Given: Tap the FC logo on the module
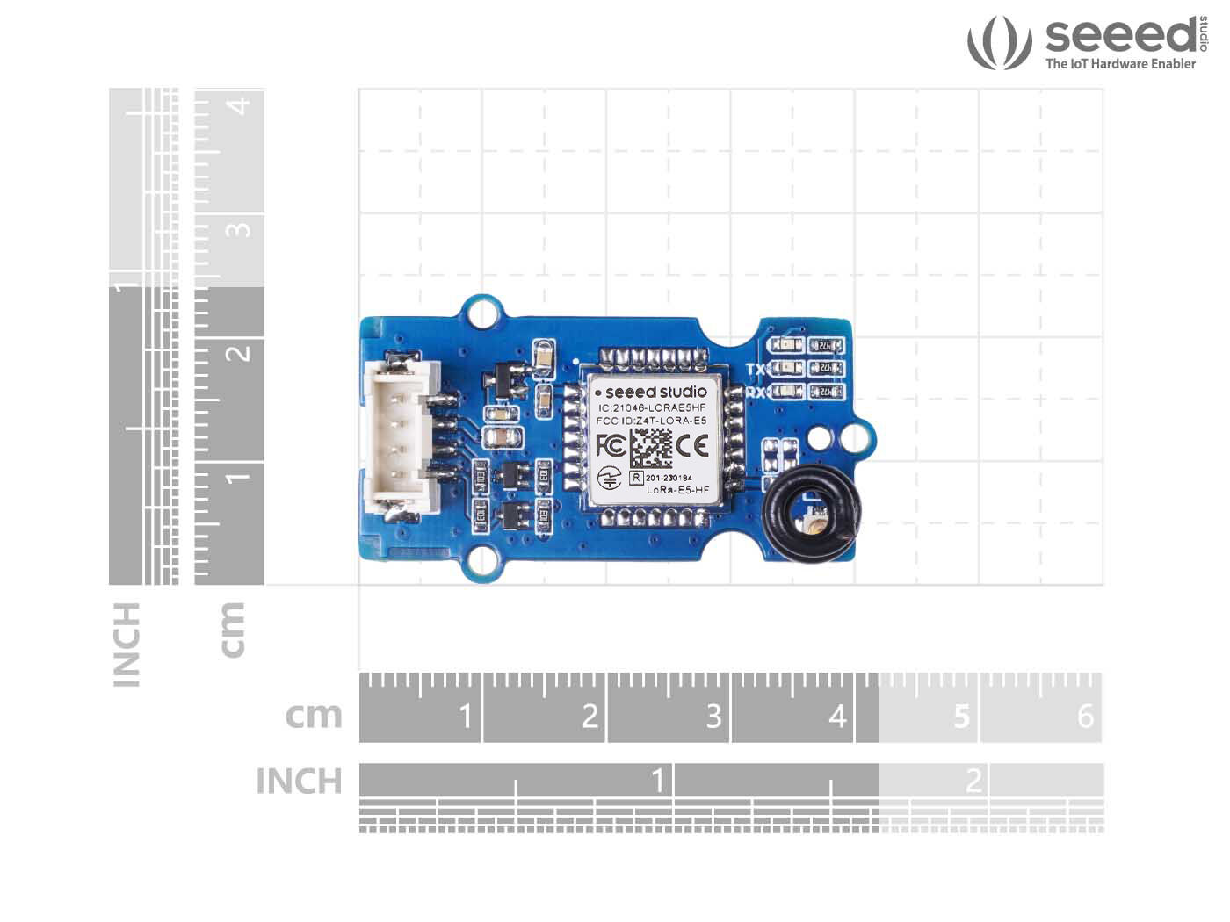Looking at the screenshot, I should pyautogui.click(x=611, y=445).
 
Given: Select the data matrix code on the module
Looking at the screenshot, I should pyautogui.click(x=651, y=447).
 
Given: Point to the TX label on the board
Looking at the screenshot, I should pyautogui.click(x=756, y=370).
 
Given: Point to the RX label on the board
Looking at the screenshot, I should pyautogui.click(x=756, y=393).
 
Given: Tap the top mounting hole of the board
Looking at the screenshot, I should pyautogui.click(x=481, y=313).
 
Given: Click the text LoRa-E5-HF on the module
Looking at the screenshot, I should pyautogui.click(x=677, y=489).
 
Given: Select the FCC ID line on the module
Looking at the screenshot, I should pyautogui.click(x=651, y=421).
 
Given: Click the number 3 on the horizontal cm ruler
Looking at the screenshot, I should pyautogui.click(x=713, y=716).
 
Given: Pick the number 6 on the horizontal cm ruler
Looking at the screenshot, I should pyautogui.click(x=1085, y=716).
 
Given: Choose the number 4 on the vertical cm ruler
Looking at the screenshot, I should pyautogui.click(x=238, y=106).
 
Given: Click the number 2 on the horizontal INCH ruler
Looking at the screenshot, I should pyautogui.click(x=973, y=780).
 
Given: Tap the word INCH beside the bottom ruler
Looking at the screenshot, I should pyautogui.click(x=299, y=781).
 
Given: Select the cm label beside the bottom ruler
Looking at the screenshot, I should pyautogui.click(x=314, y=716).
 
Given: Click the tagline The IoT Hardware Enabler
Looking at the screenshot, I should pyautogui.click(x=1120, y=63).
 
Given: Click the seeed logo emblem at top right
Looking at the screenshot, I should pyautogui.click(x=998, y=42).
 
